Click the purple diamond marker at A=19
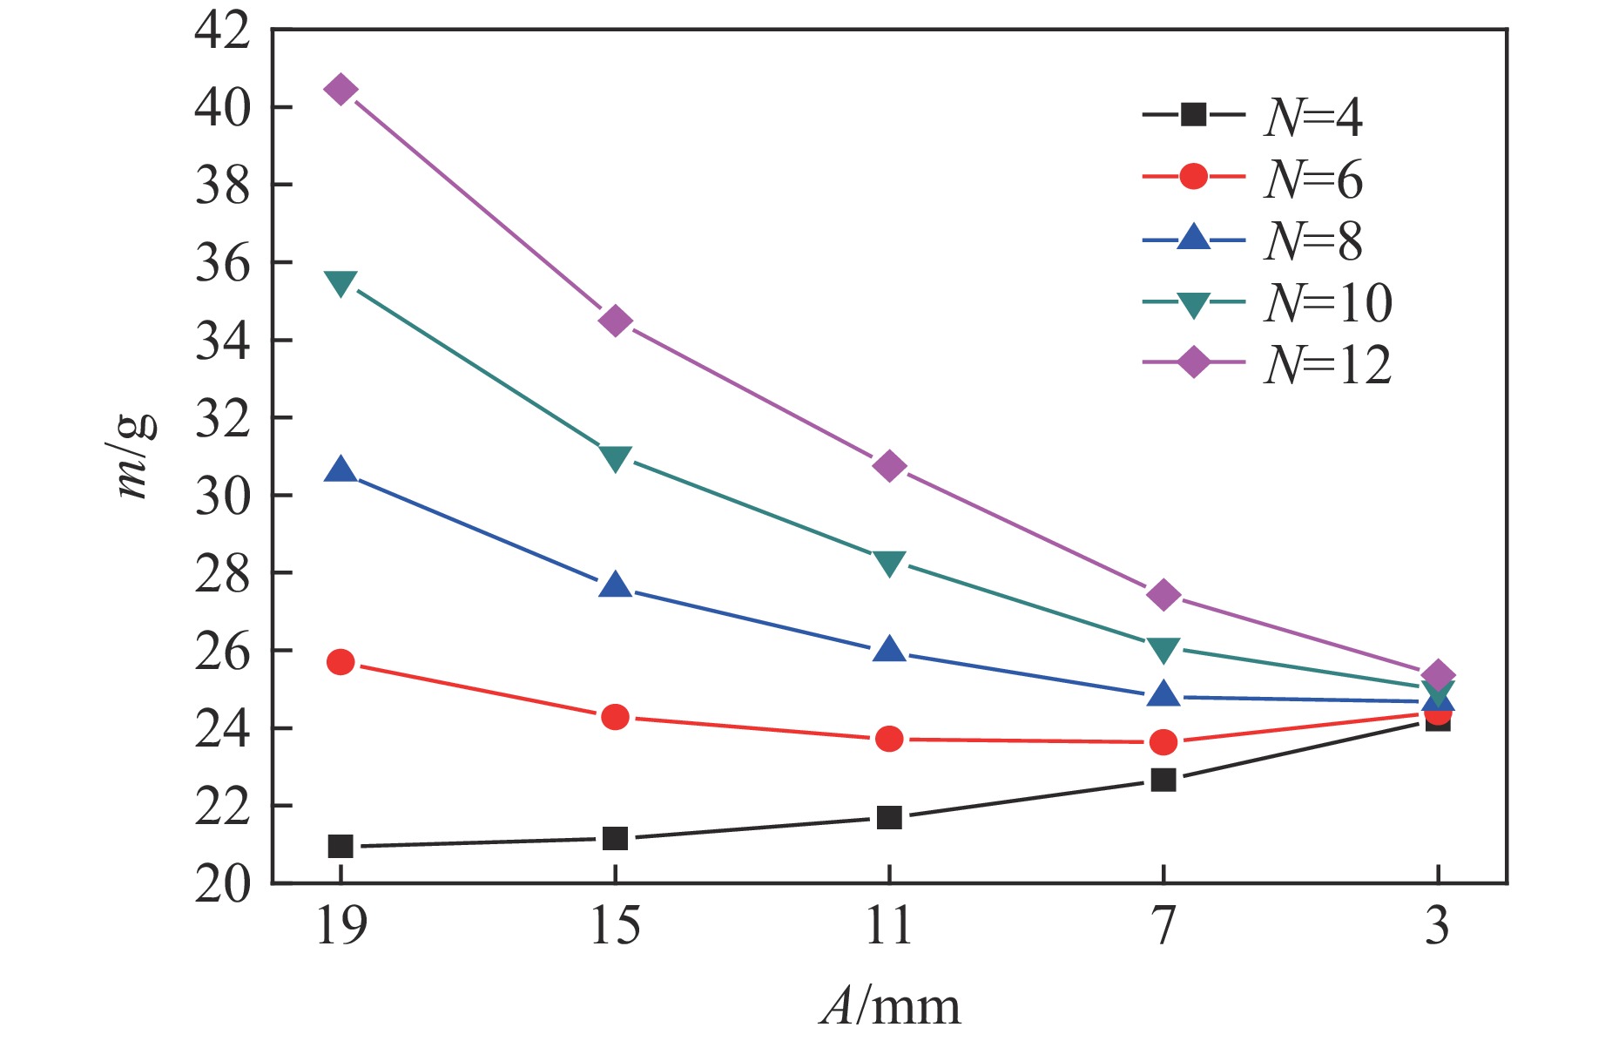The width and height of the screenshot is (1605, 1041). (x=341, y=90)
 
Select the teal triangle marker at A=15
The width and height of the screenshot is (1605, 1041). (x=615, y=458)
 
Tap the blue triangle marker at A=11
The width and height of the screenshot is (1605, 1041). (x=889, y=649)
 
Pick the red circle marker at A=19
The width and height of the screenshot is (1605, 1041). (x=341, y=662)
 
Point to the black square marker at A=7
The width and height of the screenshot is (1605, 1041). (x=1163, y=779)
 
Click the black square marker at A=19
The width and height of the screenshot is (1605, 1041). (x=341, y=846)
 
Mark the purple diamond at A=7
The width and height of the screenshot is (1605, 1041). (x=1163, y=595)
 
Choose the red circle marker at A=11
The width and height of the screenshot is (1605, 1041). (x=889, y=740)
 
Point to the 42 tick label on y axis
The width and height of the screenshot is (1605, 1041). (x=223, y=31)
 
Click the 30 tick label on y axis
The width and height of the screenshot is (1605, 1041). (x=223, y=496)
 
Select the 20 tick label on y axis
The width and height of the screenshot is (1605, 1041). (x=223, y=883)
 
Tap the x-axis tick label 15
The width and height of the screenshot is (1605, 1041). (x=615, y=925)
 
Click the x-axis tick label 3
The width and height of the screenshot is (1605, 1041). (x=1438, y=925)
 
